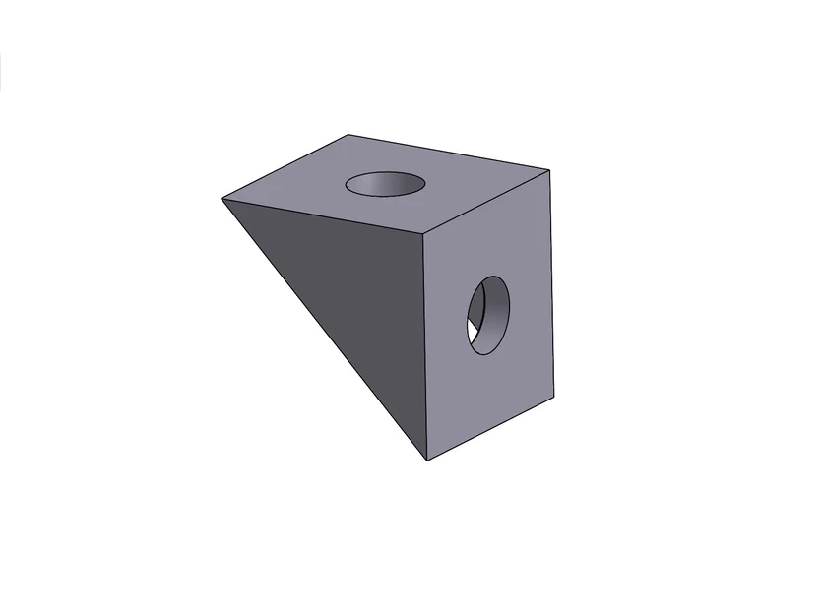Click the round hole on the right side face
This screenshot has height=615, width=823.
[x=488, y=315]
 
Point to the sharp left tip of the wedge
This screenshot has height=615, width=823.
[x=222, y=199]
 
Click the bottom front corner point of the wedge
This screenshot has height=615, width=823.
[x=426, y=461]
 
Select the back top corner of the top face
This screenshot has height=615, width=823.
[x=348, y=135]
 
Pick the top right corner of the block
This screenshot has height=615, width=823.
[x=548, y=170]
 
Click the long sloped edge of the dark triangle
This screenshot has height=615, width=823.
[x=325, y=330]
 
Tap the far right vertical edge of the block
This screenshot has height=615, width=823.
[x=550, y=281]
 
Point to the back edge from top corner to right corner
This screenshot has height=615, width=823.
[x=448, y=153]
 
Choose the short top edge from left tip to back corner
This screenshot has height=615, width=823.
[x=285, y=166]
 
